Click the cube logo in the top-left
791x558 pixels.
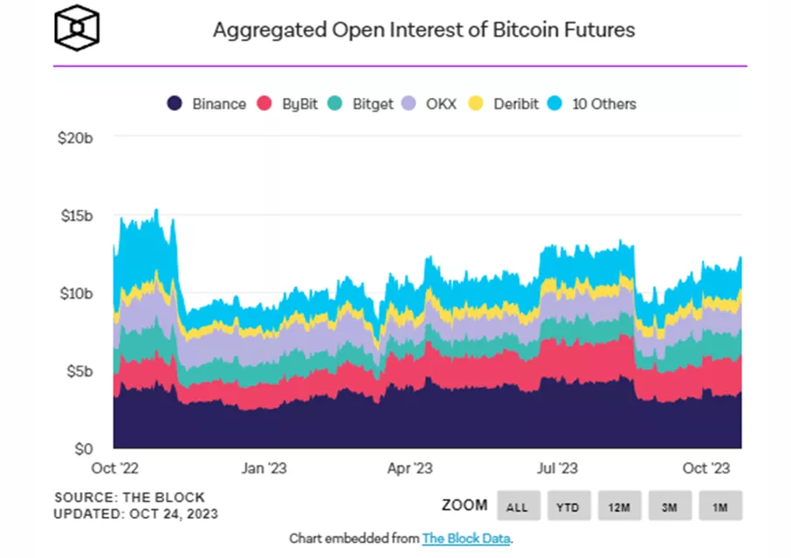point(77,28)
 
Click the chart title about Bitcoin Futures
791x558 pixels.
point(423,30)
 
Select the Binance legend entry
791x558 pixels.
point(208,104)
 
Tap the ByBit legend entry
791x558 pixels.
point(289,104)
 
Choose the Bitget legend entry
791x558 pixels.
point(361,104)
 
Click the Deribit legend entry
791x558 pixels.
point(506,104)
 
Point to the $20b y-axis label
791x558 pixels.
point(73,138)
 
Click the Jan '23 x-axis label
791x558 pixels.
point(263,469)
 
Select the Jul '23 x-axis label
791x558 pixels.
point(555,469)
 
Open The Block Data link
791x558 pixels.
point(466,538)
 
